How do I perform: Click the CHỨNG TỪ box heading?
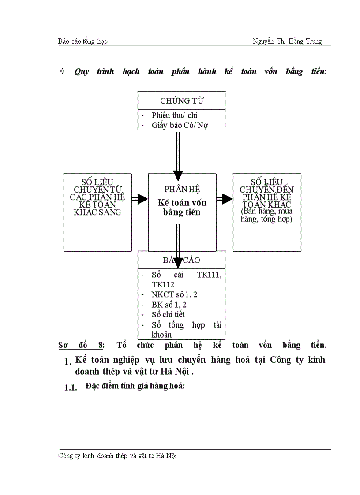click(x=181, y=100)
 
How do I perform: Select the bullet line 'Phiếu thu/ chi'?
click(x=174, y=115)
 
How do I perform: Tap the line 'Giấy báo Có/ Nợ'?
click(x=180, y=125)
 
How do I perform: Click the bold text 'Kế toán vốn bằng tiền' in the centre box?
click(x=182, y=207)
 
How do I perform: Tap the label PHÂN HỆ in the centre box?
click(x=182, y=189)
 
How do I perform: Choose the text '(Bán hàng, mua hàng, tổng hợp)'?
click(x=266, y=215)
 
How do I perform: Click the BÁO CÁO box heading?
click(x=182, y=260)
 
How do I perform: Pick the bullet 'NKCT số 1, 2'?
click(x=174, y=294)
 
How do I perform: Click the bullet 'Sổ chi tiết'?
click(x=168, y=314)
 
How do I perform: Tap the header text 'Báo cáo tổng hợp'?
click(x=83, y=41)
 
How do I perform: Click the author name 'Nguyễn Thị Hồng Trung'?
click(x=287, y=41)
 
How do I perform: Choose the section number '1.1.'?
click(x=71, y=387)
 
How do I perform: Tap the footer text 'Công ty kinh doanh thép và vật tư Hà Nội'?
click(x=117, y=456)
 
